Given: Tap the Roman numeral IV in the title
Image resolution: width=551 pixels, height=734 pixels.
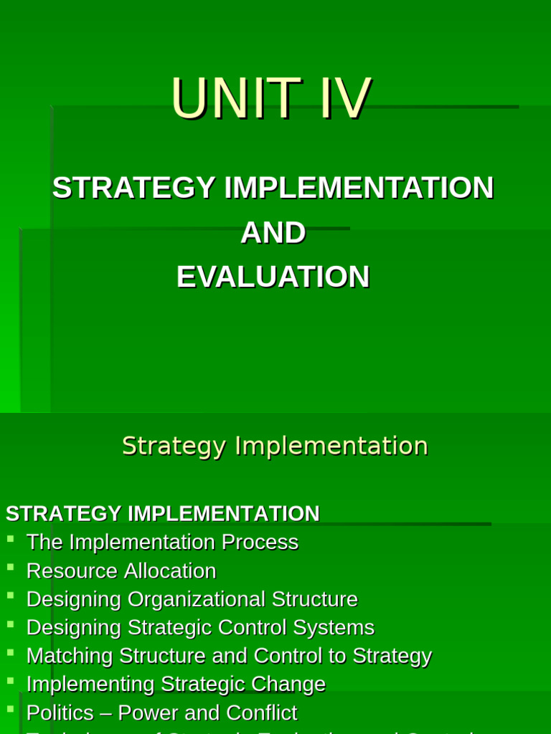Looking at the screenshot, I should click(x=345, y=99).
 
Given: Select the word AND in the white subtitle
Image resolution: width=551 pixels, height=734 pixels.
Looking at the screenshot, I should click(x=273, y=233).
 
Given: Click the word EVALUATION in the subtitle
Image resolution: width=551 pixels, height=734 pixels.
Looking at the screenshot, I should click(x=273, y=277).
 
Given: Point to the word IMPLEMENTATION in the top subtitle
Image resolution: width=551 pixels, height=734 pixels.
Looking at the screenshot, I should click(x=359, y=189).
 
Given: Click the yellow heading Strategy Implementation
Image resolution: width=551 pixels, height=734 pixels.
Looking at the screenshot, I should click(x=275, y=446).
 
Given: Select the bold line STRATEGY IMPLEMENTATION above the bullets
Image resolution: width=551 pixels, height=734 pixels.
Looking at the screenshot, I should click(x=162, y=514).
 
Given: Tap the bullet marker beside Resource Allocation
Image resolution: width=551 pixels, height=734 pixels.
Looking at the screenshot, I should click(x=10, y=567).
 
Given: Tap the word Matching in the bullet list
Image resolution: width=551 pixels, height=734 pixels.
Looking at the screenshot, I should click(x=70, y=657).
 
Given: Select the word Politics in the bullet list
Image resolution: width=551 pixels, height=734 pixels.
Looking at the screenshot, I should click(x=60, y=713).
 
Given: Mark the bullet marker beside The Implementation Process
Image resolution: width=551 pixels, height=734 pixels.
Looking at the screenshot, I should click(x=10, y=538).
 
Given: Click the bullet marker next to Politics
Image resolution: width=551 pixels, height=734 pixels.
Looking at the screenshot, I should click(x=10, y=709).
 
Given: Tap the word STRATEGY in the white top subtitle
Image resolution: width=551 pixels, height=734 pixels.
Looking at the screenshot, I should click(x=134, y=189).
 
